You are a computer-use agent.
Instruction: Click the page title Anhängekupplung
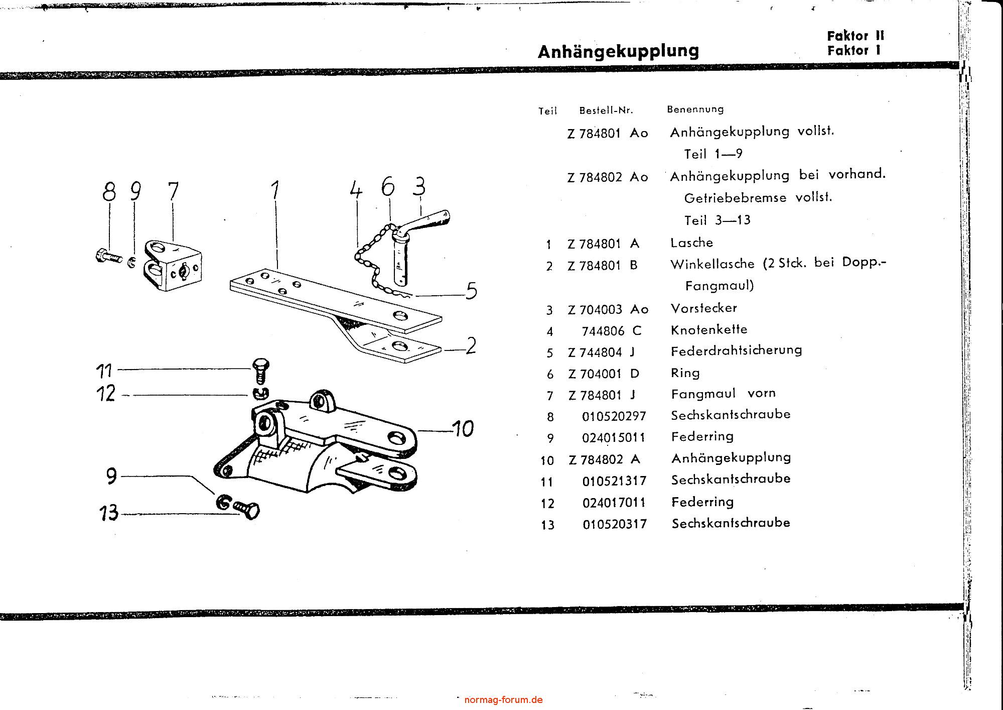tap(618, 52)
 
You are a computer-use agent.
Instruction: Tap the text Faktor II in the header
tap(855, 36)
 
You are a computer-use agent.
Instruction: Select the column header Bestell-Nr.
tap(606, 110)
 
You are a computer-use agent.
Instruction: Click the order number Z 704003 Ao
tap(608, 309)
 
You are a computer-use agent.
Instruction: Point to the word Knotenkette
tap(708, 330)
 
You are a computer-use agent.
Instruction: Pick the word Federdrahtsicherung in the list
tap(736, 350)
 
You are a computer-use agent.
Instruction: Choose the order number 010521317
tap(614, 481)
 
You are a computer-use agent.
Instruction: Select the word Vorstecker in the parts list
tap(703, 308)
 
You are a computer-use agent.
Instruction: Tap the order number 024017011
tap(614, 503)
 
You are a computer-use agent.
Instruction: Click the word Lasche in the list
tap(691, 243)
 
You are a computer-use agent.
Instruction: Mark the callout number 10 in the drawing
tap(462, 429)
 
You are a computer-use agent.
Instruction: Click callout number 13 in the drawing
tap(108, 513)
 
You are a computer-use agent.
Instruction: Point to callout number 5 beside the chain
tap(471, 291)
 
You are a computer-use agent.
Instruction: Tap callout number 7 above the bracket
tap(173, 191)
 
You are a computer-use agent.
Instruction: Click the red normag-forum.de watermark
tap(503, 699)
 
